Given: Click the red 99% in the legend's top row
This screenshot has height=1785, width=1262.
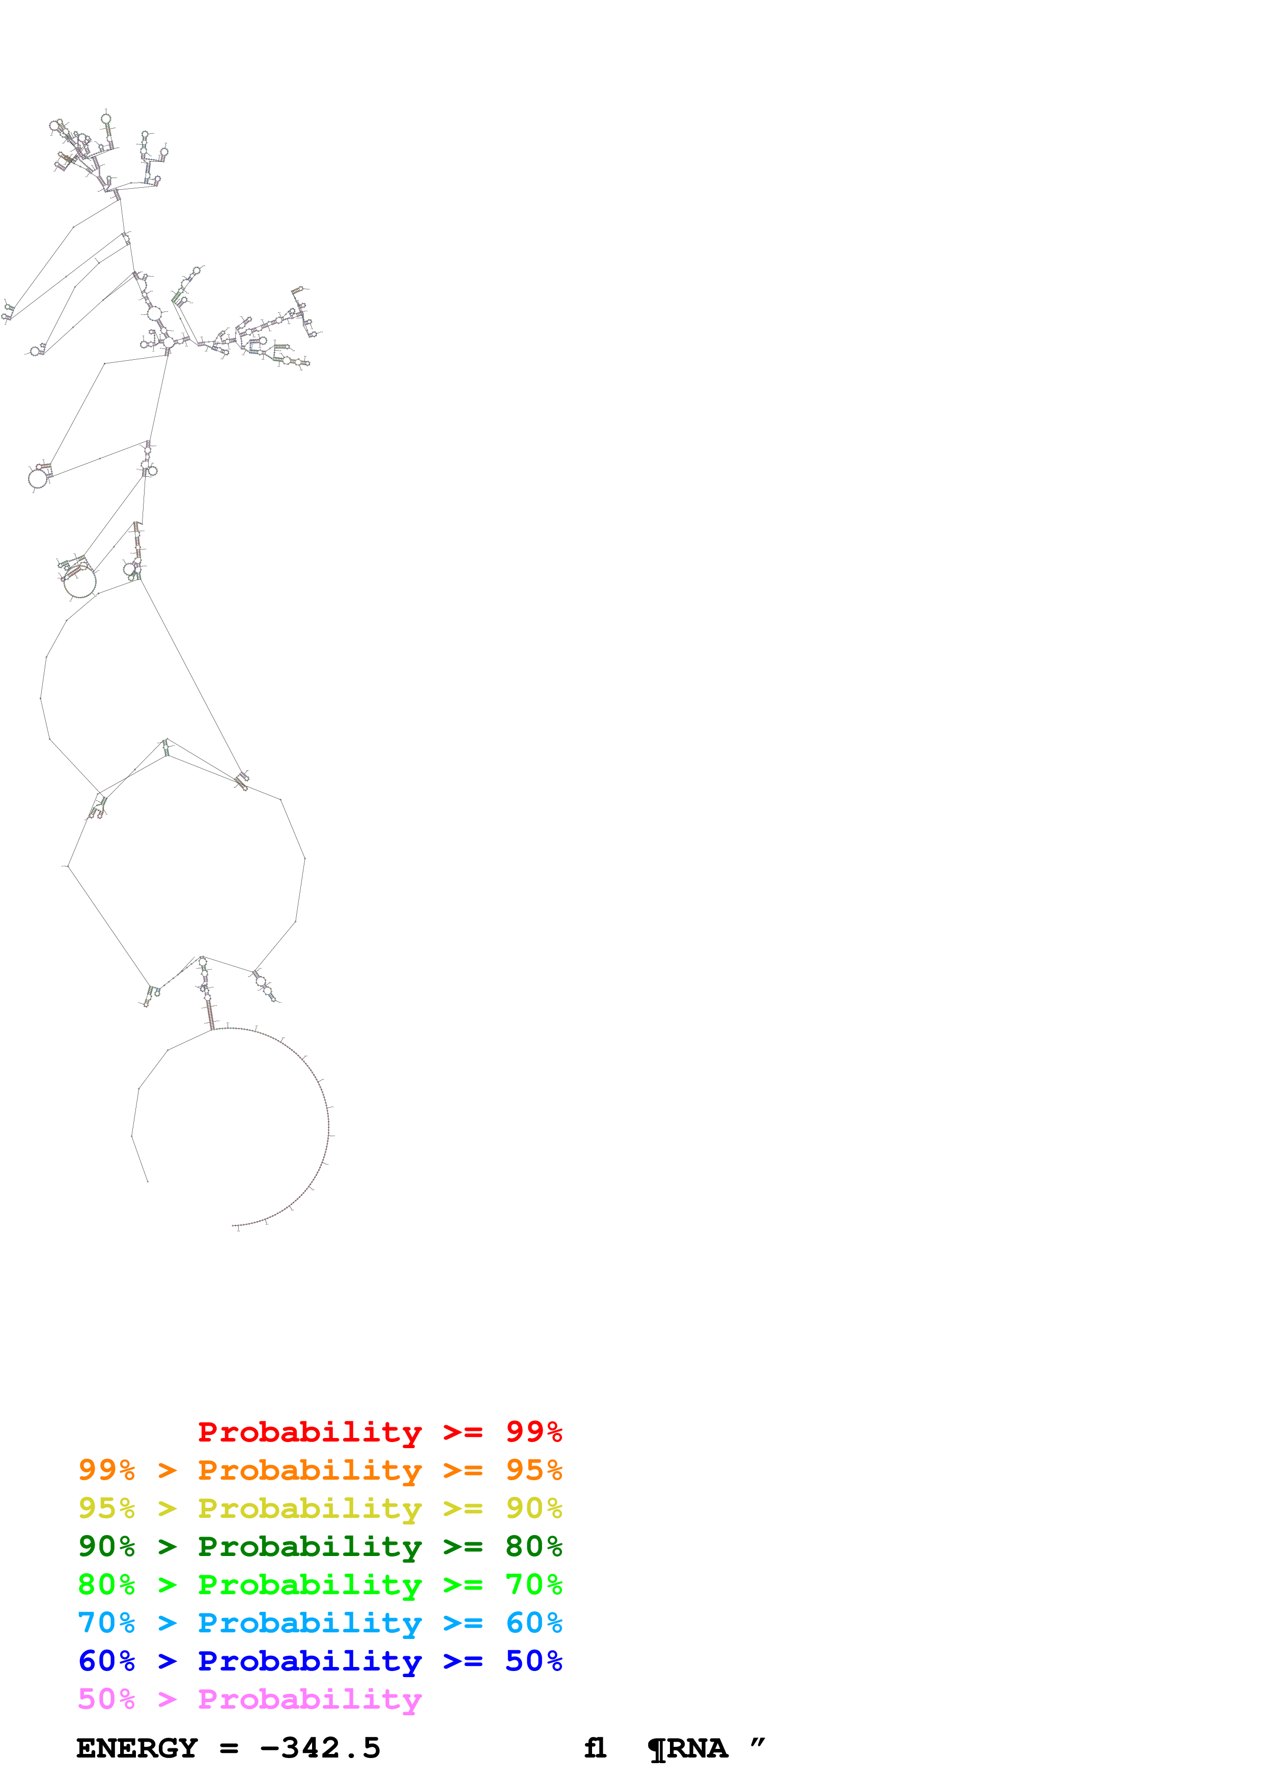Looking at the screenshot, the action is pyautogui.click(x=534, y=1432).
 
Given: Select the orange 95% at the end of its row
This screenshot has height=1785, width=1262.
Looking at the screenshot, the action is pyautogui.click(x=534, y=1470).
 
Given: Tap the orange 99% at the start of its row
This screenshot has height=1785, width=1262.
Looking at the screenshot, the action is pyautogui.click(x=106, y=1470).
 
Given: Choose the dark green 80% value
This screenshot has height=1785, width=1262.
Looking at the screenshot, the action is pyautogui.click(x=534, y=1546).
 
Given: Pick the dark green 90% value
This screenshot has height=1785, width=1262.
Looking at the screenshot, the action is pyautogui.click(x=106, y=1546).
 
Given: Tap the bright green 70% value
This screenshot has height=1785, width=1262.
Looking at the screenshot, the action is pyautogui.click(x=534, y=1585).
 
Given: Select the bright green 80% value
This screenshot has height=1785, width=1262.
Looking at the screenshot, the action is pyautogui.click(x=106, y=1585).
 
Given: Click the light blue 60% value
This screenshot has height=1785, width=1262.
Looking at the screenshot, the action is pyautogui.click(x=534, y=1623).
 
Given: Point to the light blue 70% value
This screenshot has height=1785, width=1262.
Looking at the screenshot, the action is pyautogui.click(x=106, y=1623).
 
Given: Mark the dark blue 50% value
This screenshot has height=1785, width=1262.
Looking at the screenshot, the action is pyautogui.click(x=534, y=1661).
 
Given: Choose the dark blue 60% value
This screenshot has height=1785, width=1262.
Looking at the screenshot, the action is pyautogui.click(x=106, y=1661).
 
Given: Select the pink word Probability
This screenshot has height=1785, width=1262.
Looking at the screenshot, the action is pyautogui.click(x=310, y=1700).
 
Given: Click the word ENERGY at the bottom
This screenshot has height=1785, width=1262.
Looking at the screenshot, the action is pyautogui.click(x=137, y=1748).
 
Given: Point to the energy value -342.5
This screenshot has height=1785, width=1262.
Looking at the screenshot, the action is pyautogui.click(x=320, y=1748).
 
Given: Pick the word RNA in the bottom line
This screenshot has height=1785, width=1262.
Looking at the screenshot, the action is pyautogui.click(x=697, y=1748).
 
